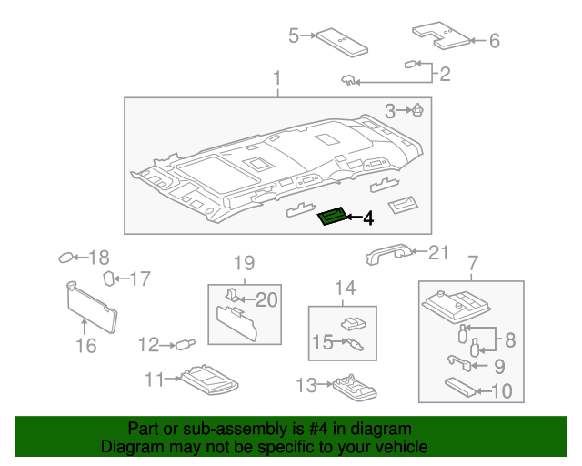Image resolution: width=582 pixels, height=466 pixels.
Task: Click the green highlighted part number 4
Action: (333, 217)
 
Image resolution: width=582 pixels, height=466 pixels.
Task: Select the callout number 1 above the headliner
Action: (277, 80)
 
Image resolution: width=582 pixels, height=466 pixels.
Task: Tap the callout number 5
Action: (294, 35)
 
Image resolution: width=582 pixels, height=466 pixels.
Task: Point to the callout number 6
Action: (494, 40)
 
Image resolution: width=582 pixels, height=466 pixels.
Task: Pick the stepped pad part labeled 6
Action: (440, 35)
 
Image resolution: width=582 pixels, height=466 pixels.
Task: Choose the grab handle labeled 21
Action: (388, 255)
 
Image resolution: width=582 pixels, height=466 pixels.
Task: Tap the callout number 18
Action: (98, 257)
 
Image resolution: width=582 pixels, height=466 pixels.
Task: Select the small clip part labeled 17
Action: (108, 278)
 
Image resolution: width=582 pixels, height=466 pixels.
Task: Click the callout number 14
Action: (344, 289)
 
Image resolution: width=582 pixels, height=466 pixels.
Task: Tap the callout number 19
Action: (243, 264)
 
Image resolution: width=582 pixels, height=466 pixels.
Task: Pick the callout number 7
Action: (472, 264)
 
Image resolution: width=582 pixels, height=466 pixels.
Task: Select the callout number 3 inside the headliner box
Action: (390, 111)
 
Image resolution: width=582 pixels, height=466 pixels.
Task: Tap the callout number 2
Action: (445, 75)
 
